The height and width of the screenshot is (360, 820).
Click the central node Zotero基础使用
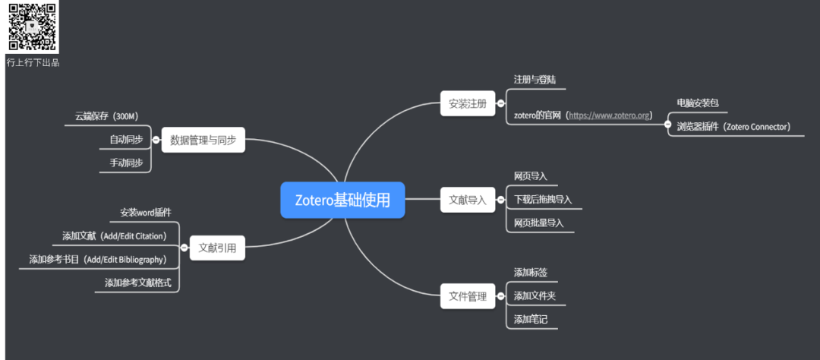click(x=342, y=201)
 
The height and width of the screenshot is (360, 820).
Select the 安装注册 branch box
click(x=468, y=103)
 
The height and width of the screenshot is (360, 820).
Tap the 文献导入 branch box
click(x=468, y=201)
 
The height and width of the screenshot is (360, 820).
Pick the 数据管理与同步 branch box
click(x=203, y=140)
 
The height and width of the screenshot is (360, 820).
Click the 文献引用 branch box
click(x=217, y=248)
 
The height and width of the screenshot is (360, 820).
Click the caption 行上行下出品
click(x=33, y=63)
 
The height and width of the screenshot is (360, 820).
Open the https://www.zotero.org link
click(x=609, y=115)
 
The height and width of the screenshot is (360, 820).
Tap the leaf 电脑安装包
click(x=697, y=103)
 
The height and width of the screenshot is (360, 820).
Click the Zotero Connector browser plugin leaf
click(x=733, y=127)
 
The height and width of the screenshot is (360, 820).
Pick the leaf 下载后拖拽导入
click(x=543, y=200)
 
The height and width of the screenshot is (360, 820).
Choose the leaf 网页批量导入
click(x=539, y=223)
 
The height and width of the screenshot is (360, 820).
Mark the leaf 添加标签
click(x=531, y=273)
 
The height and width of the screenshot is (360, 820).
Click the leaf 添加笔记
click(x=531, y=320)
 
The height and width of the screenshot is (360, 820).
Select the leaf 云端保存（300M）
click(x=106, y=116)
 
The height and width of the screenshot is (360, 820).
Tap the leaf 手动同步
click(x=126, y=163)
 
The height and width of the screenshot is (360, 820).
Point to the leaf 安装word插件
click(x=146, y=212)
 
